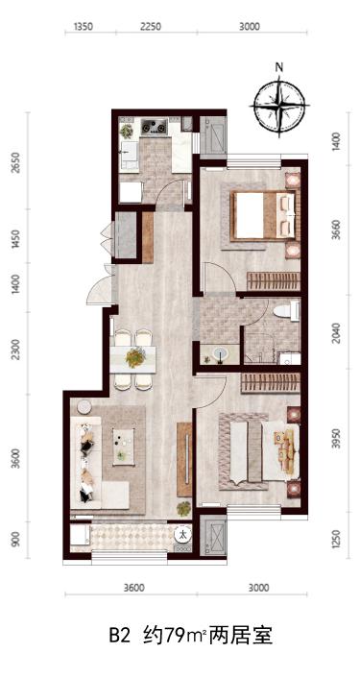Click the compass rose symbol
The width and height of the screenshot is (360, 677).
(x=279, y=105)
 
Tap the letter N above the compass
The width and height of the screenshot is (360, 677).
(x=279, y=67)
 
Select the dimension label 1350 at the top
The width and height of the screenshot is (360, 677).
(x=84, y=27)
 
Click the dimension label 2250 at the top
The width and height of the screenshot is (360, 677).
(x=150, y=27)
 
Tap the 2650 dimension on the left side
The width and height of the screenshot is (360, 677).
(x=16, y=162)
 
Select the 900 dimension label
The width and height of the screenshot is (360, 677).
(x=16, y=540)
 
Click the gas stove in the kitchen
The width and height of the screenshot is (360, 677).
(x=155, y=127)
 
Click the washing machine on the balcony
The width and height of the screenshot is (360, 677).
(x=183, y=536)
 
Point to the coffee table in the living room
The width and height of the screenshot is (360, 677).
(x=124, y=447)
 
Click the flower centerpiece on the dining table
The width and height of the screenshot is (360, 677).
(x=135, y=357)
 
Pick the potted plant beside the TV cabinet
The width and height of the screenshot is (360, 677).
(x=183, y=509)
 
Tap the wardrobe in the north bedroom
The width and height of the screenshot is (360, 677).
(x=274, y=281)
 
